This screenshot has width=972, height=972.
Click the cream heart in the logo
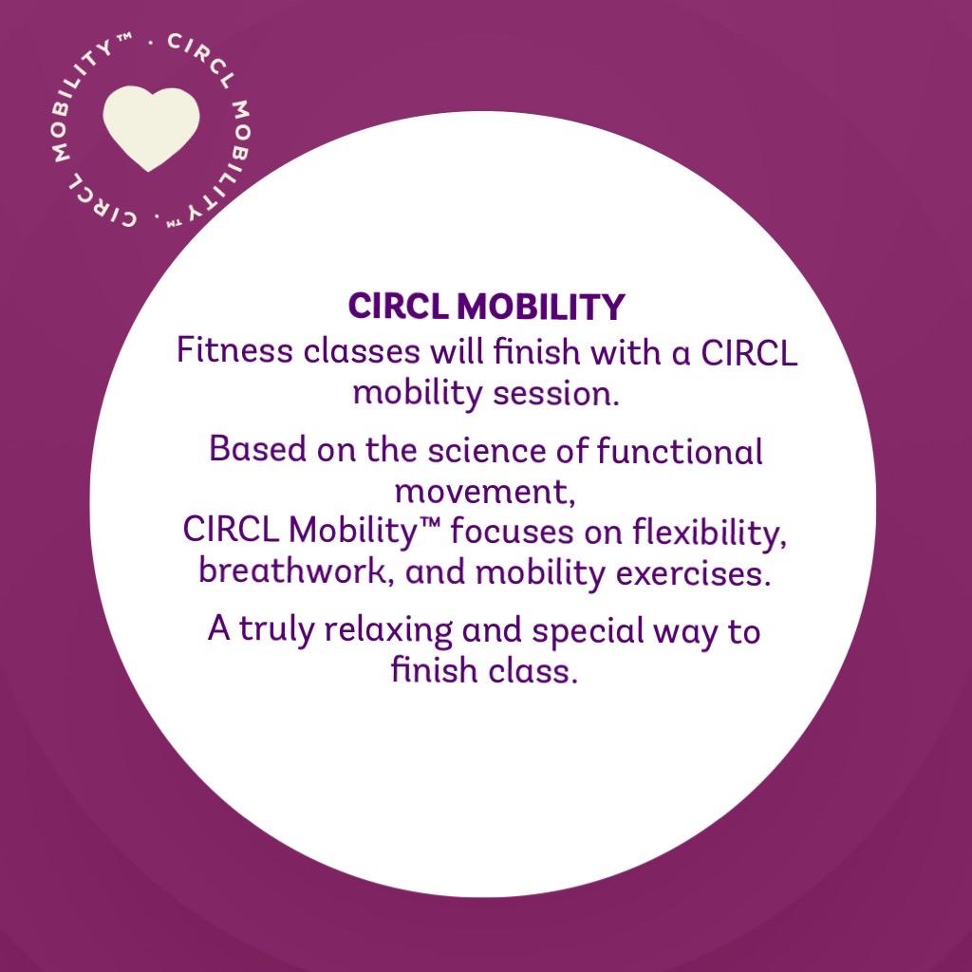pyautogui.click(x=151, y=126)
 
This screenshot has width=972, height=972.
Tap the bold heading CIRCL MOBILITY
pyautogui.click(x=486, y=307)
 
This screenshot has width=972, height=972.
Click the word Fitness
pyautogui.click(x=235, y=351)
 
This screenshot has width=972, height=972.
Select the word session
pyautogui.click(x=556, y=394)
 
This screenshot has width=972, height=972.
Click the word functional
pyautogui.click(x=680, y=451)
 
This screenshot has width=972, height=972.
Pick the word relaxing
pyautogui.click(x=388, y=631)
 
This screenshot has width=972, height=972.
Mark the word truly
pyautogui.click(x=276, y=631)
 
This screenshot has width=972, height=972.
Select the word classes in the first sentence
pyautogui.click(x=362, y=351)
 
